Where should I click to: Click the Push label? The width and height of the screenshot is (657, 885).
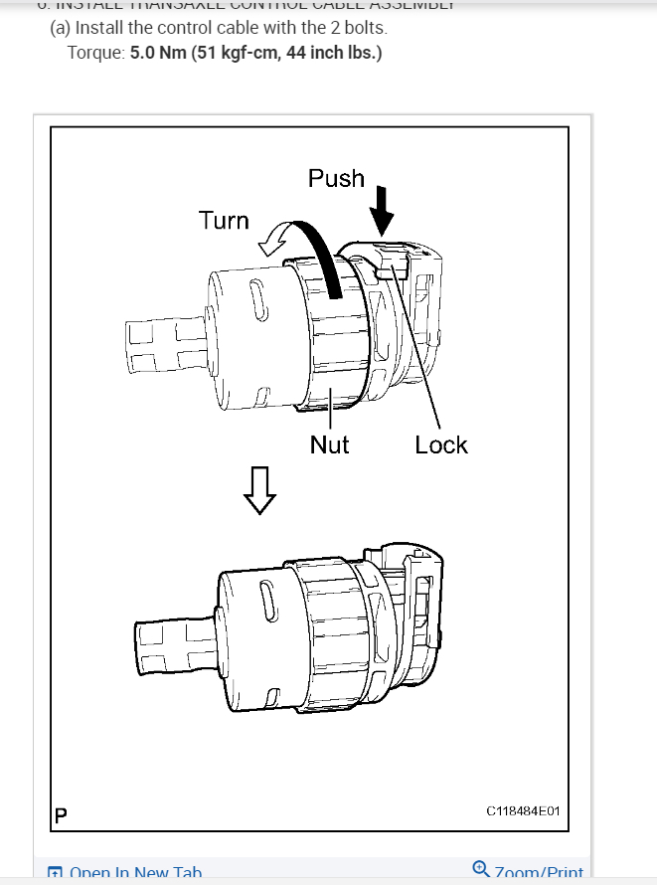coord(336,178)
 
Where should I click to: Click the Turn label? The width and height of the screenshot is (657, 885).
coord(224,220)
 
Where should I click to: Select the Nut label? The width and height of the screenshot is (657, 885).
coord(329,444)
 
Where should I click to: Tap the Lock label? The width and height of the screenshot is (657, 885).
coord(441,444)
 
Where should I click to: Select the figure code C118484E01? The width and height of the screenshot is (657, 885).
coord(523,811)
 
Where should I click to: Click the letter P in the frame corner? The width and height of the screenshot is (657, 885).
coord(61,816)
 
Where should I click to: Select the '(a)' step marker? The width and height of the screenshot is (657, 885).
coord(61,27)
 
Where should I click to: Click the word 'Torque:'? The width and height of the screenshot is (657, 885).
coord(95,52)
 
